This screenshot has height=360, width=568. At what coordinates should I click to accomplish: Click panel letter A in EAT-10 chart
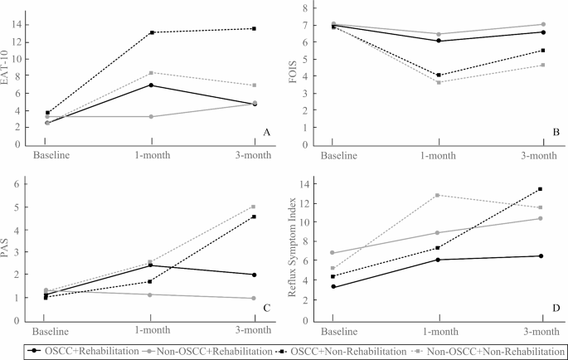click(x=266, y=132)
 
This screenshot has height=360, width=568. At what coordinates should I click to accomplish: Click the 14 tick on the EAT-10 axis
click(x=18, y=23)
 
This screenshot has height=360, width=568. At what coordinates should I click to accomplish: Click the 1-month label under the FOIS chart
click(x=438, y=155)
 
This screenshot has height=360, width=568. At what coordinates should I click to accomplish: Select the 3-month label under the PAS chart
click(x=254, y=332)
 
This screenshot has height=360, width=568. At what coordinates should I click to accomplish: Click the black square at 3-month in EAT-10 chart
click(x=254, y=28)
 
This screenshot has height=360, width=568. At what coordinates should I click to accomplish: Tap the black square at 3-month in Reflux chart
click(x=541, y=189)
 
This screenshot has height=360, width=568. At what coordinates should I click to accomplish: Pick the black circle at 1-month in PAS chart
click(x=150, y=265)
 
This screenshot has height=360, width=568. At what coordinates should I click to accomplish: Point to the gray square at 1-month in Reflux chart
click(x=437, y=195)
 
